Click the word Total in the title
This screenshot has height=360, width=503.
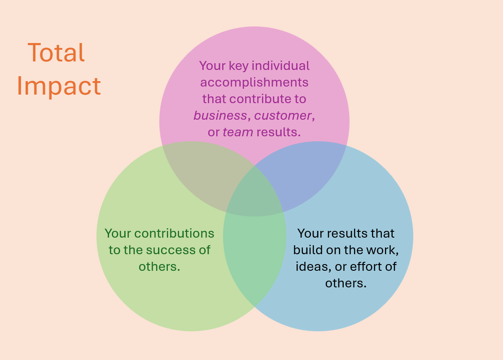pyautogui.click(x=56, y=52)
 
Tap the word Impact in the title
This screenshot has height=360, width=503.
pyautogui.click(x=59, y=86)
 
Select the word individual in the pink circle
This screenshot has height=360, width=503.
pyautogui.click(x=281, y=66)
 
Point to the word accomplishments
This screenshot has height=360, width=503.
pyautogui.click(x=254, y=82)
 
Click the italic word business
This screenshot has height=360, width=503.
pyautogui.click(x=220, y=116)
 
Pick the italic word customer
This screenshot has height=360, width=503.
pyautogui.click(x=283, y=116)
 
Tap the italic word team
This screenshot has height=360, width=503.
pyautogui.click(x=238, y=132)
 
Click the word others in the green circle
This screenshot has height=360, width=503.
pyautogui.click(x=159, y=267)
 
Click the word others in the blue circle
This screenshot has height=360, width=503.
pyautogui.click(x=346, y=283)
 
